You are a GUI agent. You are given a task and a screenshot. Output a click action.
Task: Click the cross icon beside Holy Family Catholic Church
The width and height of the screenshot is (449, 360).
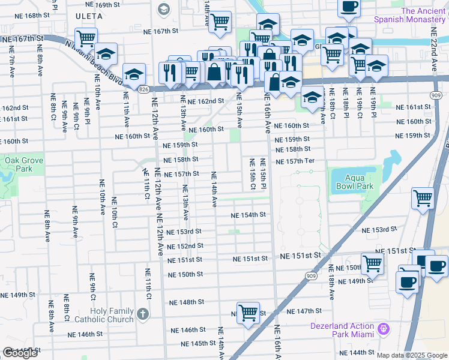tap(142, 314)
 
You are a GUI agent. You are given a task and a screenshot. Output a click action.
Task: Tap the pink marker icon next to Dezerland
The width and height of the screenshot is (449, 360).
tap(384, 329)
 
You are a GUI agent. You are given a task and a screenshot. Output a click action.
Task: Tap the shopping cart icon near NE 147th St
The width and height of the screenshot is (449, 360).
tap(248, 313)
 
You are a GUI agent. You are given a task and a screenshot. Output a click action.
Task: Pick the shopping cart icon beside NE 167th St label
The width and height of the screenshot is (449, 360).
tap(86, 38)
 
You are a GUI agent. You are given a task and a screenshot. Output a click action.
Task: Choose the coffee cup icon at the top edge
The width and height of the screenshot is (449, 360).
tap(349, 7)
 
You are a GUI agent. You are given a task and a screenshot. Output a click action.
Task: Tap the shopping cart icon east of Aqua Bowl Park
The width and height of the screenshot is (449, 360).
tap(423, 197)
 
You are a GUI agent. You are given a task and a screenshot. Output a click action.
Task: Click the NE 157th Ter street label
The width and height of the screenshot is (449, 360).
tap(295, 161)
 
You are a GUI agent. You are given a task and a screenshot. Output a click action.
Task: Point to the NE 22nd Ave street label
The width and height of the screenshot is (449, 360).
tap(435, 40)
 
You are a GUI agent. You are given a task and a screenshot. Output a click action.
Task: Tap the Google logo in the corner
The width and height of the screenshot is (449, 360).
tap(20, 353)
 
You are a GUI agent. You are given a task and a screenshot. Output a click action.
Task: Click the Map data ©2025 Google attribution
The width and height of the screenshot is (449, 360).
tap(412, 355)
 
